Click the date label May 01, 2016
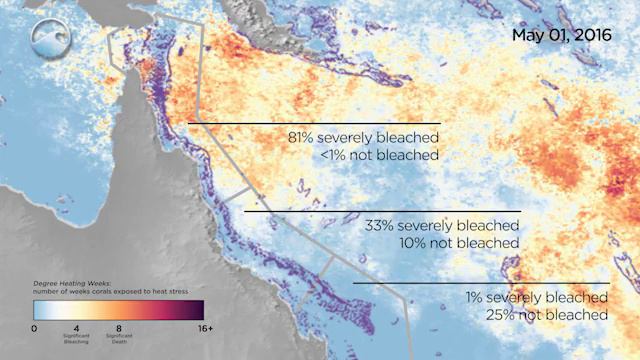pyautogui.click(x=561, y=35)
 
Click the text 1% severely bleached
pyautogui.click(x=536, y=298)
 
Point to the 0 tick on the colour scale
pyautogui.click(x=34, y=329)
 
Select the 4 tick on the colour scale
pyautogui.click(x=77, y=329)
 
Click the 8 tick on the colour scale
pyautogui.click(x=118, y=329)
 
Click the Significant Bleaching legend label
pyautogui.click(x=77, y=341)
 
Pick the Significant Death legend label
pyautogui.click(x=118, y=341)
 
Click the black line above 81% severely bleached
pyautogui.click(x=314, y=123)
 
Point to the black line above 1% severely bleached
pyautogui.click(x=480, y=283)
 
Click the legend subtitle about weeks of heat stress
pyautogui.click(x=97, y=293)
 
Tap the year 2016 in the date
pyautogui.click(x=591, y=35)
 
